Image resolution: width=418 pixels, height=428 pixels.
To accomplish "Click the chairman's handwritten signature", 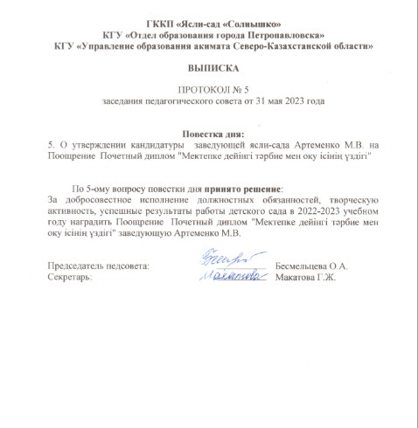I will coord(219,261).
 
